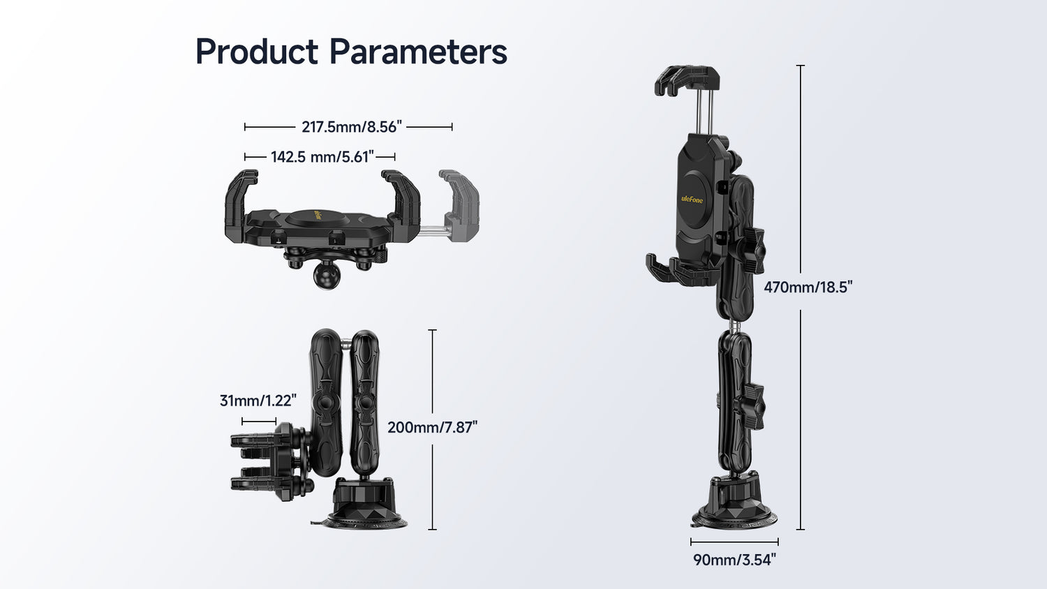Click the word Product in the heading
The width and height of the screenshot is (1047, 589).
[x=257, y=51]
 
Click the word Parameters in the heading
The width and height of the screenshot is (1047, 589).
[x=418, y=51]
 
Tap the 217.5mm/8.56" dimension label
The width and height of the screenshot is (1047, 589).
[x=352, y=127]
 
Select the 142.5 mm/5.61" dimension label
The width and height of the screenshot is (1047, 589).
[x=322, y=156]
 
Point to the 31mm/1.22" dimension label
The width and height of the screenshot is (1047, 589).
[x=258, y=401]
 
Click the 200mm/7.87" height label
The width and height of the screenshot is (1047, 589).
[x=433, y=427]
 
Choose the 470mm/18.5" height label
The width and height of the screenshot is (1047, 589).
[x=808, y=287]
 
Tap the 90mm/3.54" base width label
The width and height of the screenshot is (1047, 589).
[x=734, y=560]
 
